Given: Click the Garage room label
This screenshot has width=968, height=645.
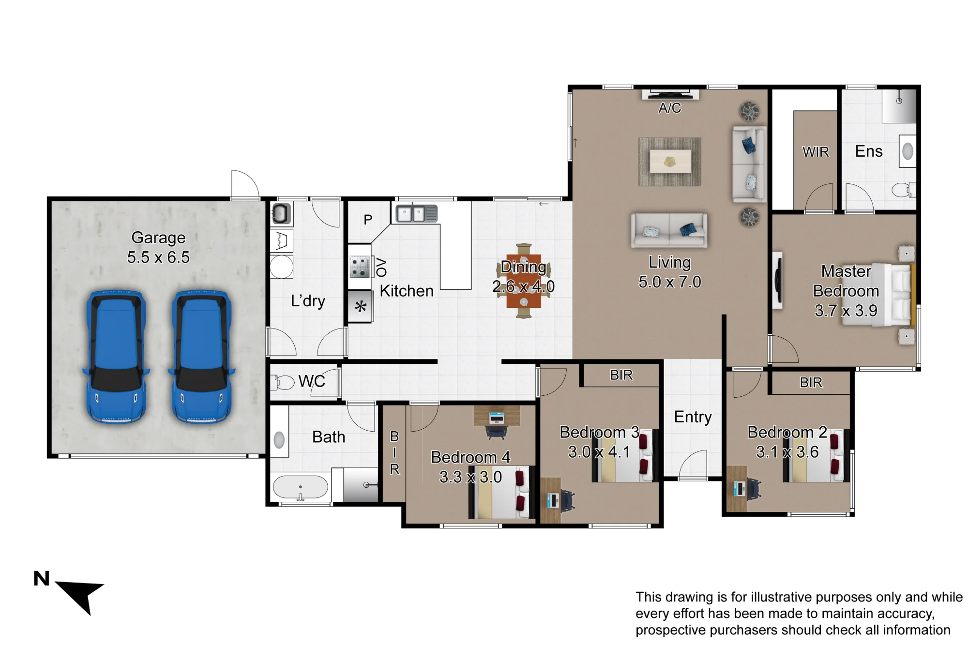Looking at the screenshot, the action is (158, 238).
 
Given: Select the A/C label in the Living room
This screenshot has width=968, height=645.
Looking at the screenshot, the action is (670, 108).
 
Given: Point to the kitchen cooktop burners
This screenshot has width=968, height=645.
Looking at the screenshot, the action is (359, 267).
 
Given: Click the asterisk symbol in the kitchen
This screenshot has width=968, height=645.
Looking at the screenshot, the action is (361, 306).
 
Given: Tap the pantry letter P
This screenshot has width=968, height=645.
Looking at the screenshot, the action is (368, 220).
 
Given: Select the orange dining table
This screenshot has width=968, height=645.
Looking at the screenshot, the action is (524, 281).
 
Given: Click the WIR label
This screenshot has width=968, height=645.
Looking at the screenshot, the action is (816, 152).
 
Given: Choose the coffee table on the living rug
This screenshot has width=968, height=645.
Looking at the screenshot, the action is (670, 161).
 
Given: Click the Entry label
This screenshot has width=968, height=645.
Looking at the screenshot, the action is (693, 417).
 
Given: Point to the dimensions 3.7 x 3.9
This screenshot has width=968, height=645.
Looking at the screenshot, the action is (846, 311).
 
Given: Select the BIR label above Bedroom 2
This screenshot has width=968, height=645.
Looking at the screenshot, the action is (811, 383).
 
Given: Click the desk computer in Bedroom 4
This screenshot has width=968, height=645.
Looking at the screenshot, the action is (497, 417).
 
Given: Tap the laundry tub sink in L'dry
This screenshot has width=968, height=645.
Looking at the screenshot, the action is (281, 213).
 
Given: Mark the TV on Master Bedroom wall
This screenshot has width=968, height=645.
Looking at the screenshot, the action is (777, 280).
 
